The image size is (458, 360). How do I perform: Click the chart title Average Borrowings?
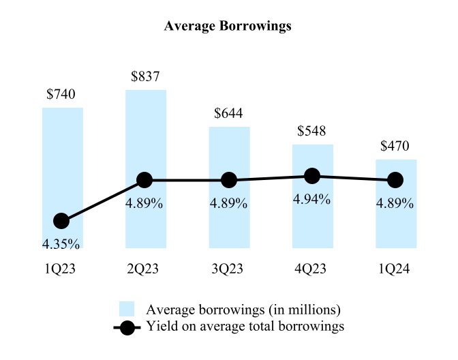[x=228, y=27]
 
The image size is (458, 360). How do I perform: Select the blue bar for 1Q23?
[x=63, y=157]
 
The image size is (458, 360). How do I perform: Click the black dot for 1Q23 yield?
[x=61, y=221]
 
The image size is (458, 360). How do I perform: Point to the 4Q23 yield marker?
[x=312, y=176]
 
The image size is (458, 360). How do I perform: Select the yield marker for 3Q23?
[x=229, y=180]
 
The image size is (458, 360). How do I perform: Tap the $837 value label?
[x=146, y=76]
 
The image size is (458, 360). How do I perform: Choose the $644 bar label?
[x=229, y=113]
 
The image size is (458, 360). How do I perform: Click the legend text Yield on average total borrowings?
[x=245, y=327]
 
